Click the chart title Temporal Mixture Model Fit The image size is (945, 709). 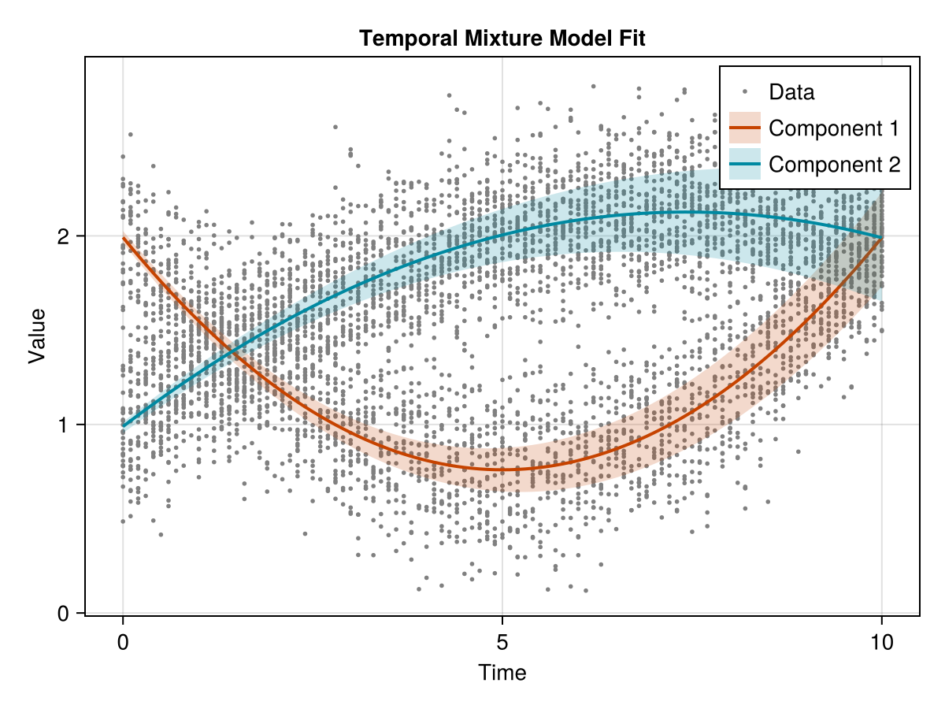point(502,38)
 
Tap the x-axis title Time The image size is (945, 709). point(502,673)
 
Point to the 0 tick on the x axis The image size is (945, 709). point(123,643)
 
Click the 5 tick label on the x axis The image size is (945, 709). point(502,643)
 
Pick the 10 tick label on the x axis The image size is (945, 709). point(882,643)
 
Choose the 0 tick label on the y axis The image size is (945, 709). point(63,614)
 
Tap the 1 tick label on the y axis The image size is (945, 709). point(63,425)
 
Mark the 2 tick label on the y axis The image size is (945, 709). point(63,236)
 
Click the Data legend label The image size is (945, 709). point(791,92)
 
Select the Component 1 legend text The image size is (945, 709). point(834,128)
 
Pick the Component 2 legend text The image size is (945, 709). point(834,165)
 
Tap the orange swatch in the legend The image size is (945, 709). point(745,128)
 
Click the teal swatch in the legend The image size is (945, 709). point(745,165)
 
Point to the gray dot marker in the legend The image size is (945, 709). point(745,92)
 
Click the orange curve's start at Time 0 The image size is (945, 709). point(123,238)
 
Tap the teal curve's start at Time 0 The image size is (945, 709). point(123,426)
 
